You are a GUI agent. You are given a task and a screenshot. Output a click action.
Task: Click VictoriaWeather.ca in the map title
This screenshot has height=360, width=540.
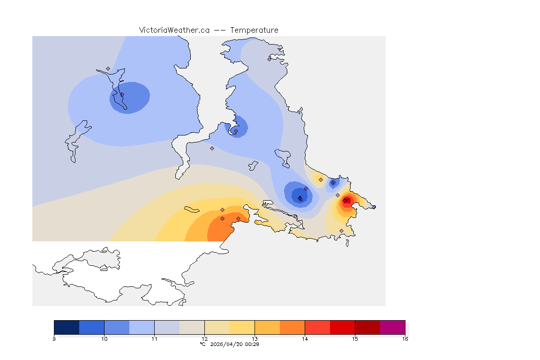tap(174, 30)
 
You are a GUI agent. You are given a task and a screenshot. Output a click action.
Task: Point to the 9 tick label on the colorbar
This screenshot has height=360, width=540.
tap(54, 338)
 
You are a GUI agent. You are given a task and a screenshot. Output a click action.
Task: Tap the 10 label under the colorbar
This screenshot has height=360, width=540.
tap(104, 338)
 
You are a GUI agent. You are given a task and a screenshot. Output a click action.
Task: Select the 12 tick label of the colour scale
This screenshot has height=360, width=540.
tap(204, 338)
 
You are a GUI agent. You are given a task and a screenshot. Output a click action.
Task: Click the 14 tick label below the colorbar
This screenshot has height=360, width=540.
tap(305, 338)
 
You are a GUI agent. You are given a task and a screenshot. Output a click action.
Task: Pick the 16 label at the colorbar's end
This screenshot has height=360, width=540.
tap(405, 338)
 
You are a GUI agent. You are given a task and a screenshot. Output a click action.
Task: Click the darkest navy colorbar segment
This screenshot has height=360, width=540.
tap(67, 327)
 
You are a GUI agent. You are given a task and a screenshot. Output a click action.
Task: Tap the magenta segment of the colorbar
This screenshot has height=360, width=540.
tap(392, 327)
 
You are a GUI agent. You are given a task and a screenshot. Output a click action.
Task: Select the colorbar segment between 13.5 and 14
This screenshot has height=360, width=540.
tap(292, 327)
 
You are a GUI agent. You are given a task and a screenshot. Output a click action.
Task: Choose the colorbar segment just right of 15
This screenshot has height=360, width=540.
tap(367, 327)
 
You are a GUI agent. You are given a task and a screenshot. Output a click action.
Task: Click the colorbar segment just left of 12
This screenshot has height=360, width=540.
tap(192, 327)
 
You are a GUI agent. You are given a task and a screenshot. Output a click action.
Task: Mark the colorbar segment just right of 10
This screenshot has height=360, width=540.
tap(117, 327)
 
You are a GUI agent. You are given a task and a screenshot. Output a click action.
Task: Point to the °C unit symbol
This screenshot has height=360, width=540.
tap(202, 344)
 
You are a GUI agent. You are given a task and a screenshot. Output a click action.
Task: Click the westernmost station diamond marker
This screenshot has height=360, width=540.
tap(108, 68)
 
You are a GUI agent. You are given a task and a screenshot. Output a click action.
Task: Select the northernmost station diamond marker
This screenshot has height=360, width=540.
tap(269, 59)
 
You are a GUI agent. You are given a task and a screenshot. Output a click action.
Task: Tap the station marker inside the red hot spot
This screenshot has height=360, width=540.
tap(345, 201)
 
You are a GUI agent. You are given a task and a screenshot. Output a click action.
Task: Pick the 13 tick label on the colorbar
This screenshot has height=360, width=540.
tap(255, 338)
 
